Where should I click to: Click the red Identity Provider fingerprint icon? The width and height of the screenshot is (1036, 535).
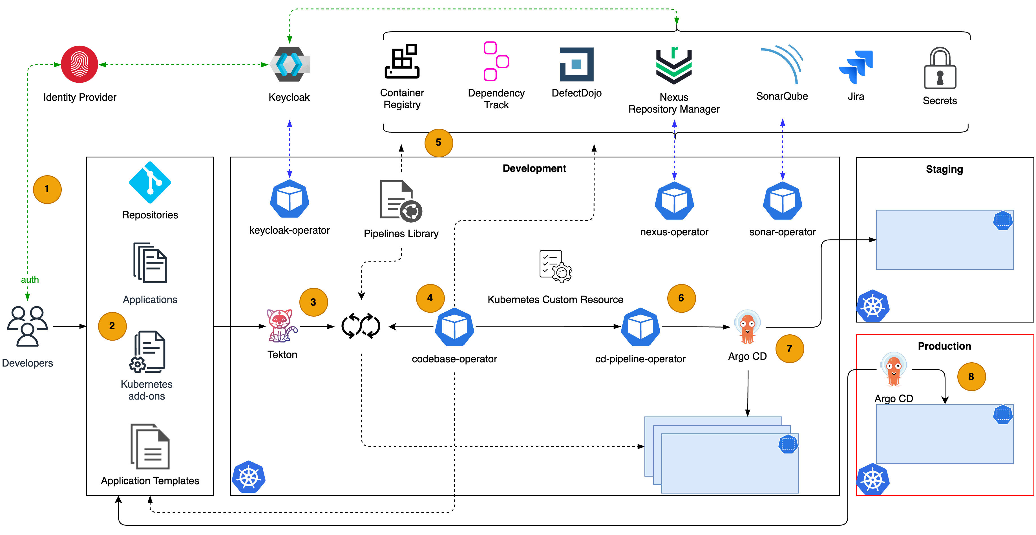tap(79, 64)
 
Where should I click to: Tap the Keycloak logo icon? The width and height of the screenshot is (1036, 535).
tap(290, 64)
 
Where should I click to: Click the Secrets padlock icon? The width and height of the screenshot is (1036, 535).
tap(940, 69)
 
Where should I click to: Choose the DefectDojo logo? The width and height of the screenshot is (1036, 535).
tap(576, 64)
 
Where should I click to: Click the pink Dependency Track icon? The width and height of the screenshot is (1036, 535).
tap(496, 61)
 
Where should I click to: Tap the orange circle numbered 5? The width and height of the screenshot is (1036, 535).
tap(438, 142)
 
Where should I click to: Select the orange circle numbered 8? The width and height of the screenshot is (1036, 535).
tap(971, 377)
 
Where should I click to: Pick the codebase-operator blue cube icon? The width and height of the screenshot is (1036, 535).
tap(454, 327)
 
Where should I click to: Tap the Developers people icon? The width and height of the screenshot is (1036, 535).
tap(27, 326)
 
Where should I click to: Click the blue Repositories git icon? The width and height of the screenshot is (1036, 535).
tap(150, 182)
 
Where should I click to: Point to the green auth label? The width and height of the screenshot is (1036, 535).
tap(30, 279)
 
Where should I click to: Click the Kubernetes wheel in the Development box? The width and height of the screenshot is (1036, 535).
tap(249, 477)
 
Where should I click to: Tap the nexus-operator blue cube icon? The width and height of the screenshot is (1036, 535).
tap(674, 201)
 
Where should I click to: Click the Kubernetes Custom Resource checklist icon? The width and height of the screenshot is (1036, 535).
tap(555, 266)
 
